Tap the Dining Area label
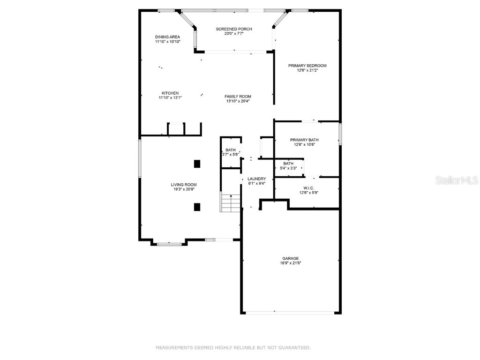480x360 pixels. tap(167, 37)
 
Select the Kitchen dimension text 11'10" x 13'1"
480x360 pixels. tap(170, 97)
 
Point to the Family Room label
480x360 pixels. tap(238, 96)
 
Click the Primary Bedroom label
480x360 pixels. tap(307, 66)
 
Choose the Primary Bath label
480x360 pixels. tap(304, 140)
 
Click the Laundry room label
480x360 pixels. tap(256, 179)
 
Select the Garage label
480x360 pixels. tap(290, 258)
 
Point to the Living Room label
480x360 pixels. tap(183, 185)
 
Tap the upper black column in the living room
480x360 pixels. tap(197, 164)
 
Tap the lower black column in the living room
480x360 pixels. tap(197, 207)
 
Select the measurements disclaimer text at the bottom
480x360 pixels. tap(233, 347)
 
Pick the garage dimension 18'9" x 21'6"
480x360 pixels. tap(290, 263)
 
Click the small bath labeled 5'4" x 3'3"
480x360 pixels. tap(288, 165)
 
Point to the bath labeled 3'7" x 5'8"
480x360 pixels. tap(231, 152)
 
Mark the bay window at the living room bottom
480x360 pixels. tap(169, 244)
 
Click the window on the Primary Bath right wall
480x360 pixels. tap(340, 134)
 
